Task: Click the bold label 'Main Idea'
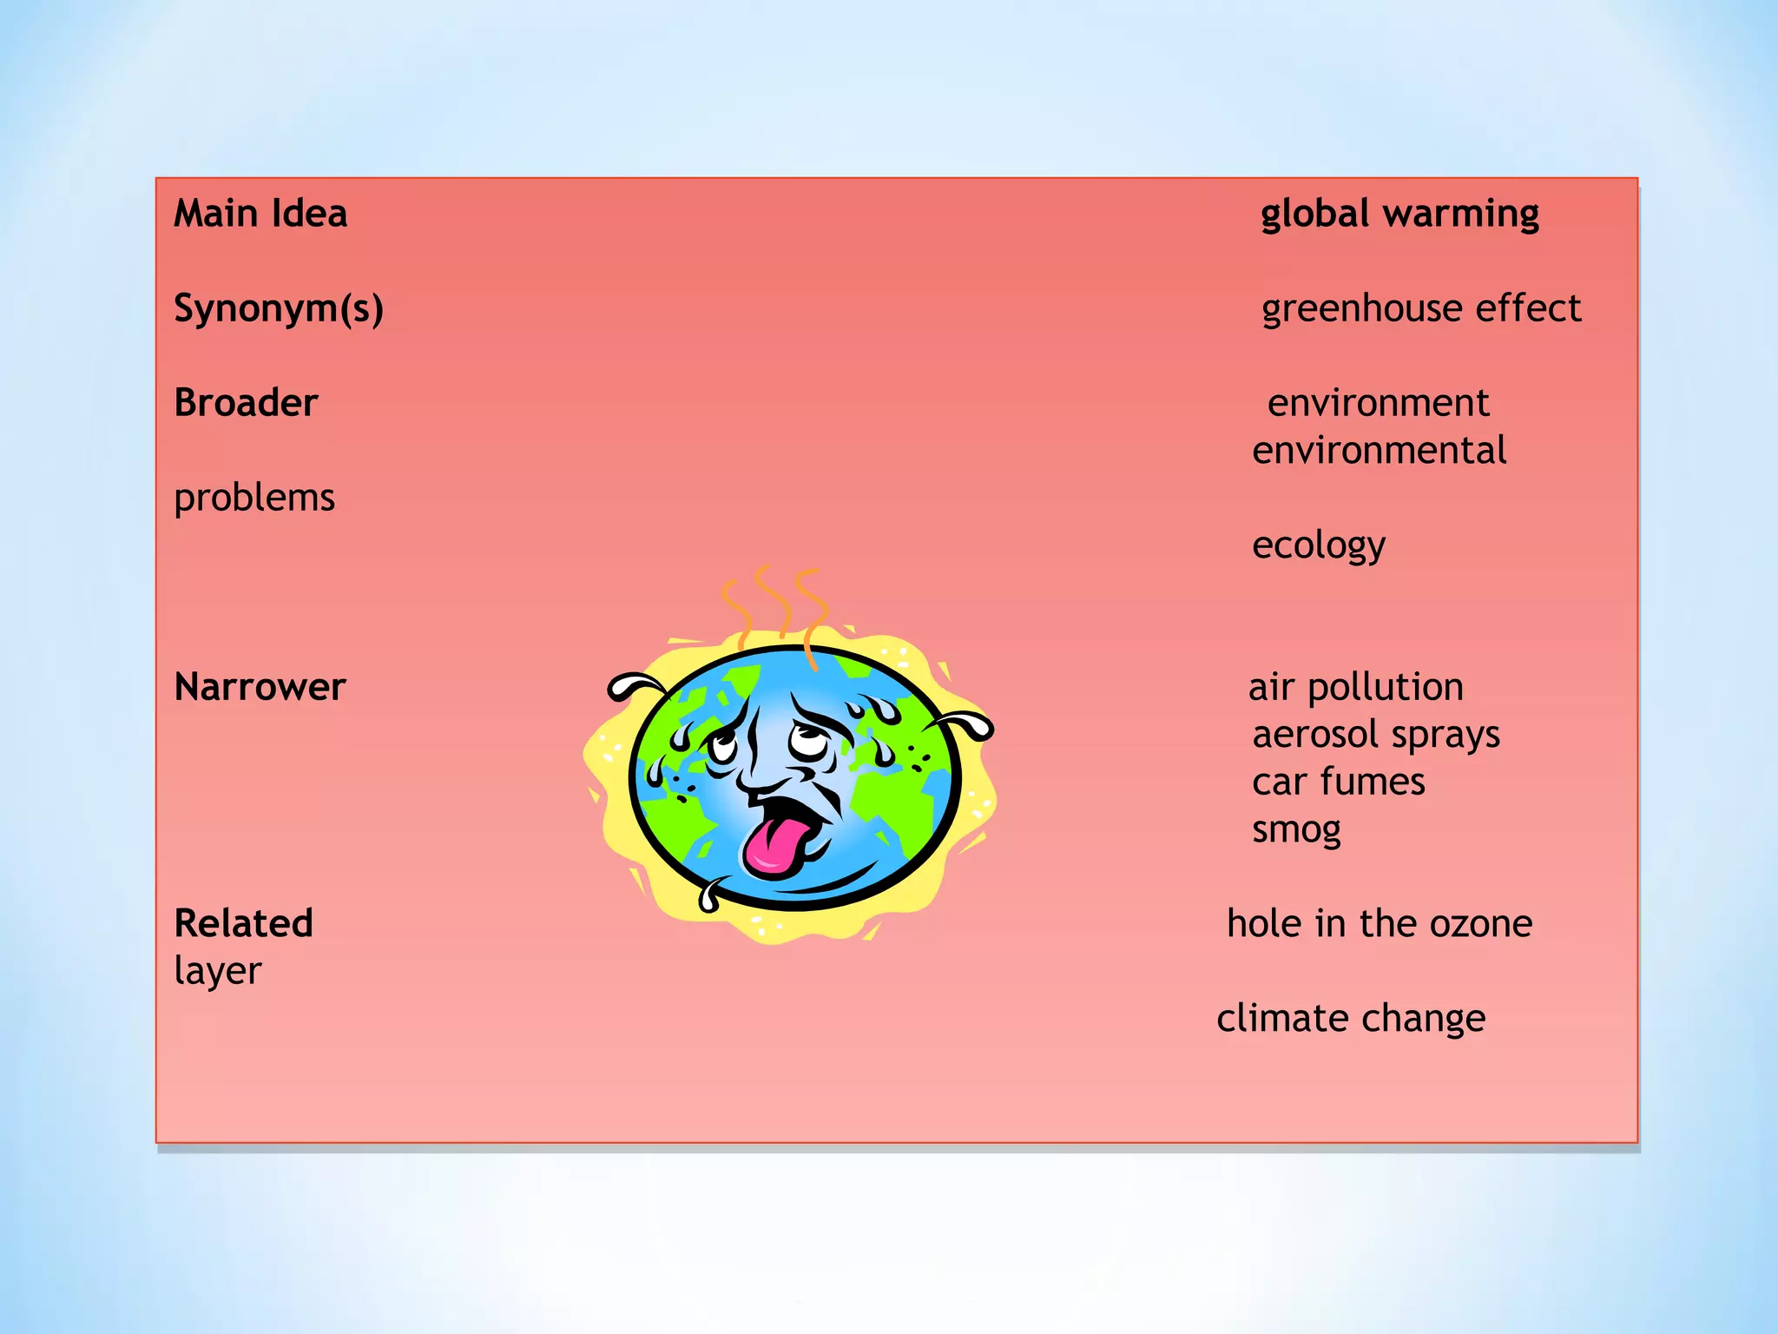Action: click(260, 214)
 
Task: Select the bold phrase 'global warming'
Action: click(1399, 214)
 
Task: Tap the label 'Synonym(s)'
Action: click(279, 308)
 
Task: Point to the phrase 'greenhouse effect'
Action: click(1421, 308)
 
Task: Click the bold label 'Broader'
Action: click(247, 403)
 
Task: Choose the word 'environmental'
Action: click(1379, 451)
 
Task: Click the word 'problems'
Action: click(254, 498)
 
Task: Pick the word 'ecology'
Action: click(1319, 545)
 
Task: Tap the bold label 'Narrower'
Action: click(260, 687)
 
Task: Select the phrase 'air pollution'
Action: click(1356, 687)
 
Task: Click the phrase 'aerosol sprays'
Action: click(1376, 735)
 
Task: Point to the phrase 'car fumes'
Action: click(1339, 782)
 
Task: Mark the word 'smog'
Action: click(1296, 829)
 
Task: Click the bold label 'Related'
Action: click(244, 923)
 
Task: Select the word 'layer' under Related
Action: click(218, 971)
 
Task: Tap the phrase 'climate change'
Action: click(1351, 1018)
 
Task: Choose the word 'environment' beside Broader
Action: click(1378, 403)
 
